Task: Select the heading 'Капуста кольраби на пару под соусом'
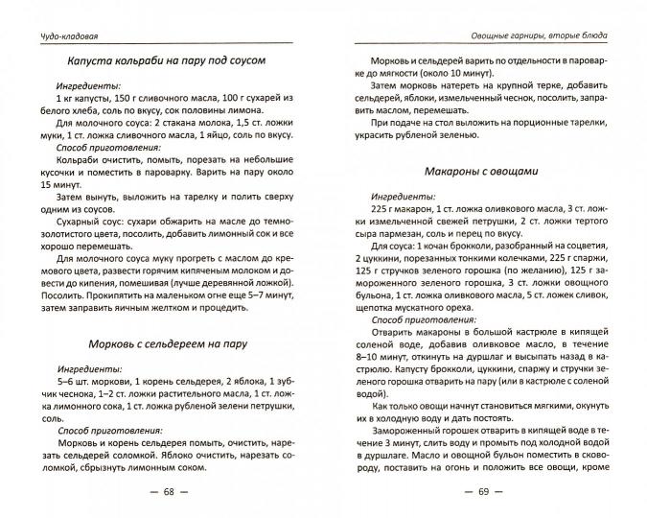(x=166, y=61)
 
